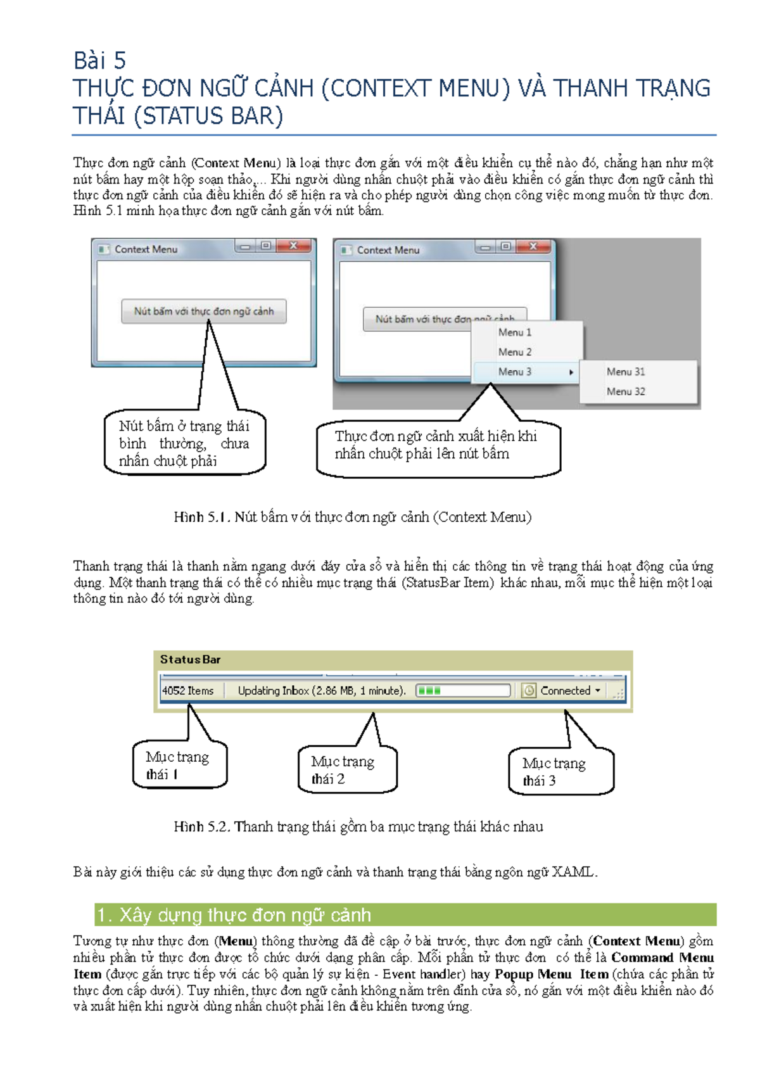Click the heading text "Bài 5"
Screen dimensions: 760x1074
point(99,61)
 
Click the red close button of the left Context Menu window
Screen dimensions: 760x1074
point(293,246)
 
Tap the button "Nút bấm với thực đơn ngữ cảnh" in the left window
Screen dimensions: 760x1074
point(204,311)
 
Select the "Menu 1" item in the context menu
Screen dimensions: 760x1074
point(514,332)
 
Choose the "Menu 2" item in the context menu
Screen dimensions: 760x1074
point(514,352)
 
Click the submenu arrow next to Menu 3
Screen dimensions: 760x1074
point(571,372)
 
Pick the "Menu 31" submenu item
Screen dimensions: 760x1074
point(626,372)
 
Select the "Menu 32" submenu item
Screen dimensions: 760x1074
point(626,391)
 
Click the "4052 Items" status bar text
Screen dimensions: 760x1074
point(187,690)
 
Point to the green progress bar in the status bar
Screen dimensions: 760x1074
point(463,690)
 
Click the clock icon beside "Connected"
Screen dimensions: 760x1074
point(528,690)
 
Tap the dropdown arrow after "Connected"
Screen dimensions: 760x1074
point(597,690)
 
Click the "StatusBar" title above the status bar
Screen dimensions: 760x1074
point(190,659)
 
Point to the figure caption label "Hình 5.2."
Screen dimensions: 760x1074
point(202,826)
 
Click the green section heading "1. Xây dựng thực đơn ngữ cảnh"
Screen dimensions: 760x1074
point(405,915)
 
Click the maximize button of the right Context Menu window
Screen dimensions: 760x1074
point(505,246)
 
